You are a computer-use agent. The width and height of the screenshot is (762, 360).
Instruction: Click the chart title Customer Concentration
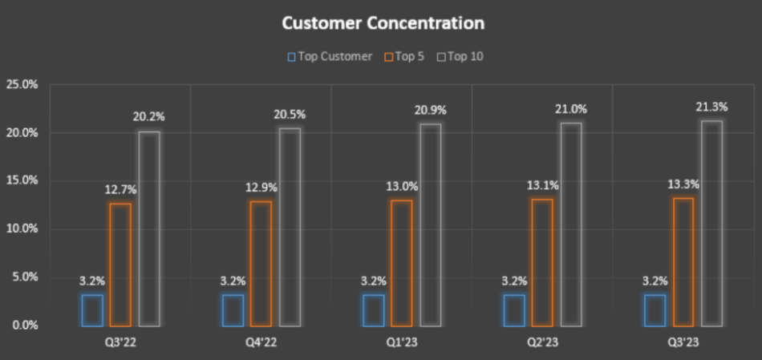[383, 23]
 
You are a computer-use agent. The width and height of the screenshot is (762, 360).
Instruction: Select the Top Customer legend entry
[330, 56]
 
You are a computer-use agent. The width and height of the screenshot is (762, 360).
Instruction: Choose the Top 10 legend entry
[465, 56]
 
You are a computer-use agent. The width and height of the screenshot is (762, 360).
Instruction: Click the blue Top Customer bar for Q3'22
[92, 310]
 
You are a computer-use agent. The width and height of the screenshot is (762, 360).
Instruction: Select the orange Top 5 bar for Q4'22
[261, 264]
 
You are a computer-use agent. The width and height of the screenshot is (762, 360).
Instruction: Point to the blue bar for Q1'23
[374, 310]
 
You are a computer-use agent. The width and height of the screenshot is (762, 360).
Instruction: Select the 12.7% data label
[120, 190]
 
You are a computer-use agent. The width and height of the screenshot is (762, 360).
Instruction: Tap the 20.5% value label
[290, 115]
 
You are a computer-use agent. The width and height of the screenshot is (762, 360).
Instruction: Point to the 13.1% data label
[542, 186]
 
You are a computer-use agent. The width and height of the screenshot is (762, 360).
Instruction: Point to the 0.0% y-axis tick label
[24, 325]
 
